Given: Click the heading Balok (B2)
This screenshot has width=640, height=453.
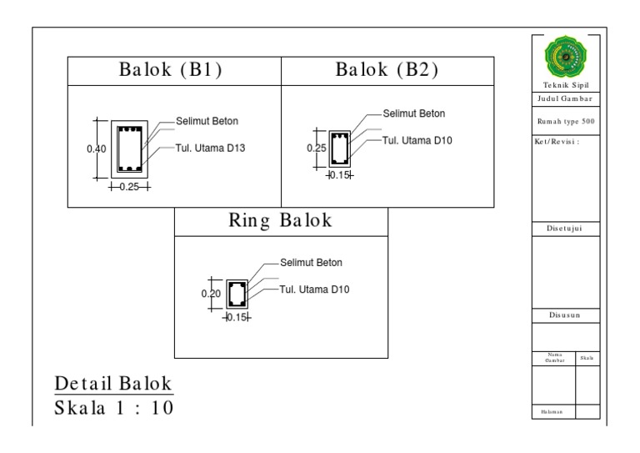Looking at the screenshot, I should [387, 71].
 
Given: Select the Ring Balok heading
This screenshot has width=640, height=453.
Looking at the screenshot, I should [281, 221].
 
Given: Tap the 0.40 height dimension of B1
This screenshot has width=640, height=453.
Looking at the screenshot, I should [97, 148].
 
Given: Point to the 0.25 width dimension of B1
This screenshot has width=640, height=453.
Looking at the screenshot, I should [128, 187].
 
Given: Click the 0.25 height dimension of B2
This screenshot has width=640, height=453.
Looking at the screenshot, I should [317, 148].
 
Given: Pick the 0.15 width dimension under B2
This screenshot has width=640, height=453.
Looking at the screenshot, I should [339, 175].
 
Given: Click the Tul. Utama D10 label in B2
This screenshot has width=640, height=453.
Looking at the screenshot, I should [417, 140].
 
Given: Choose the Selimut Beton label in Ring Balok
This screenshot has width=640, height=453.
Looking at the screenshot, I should [311, 263].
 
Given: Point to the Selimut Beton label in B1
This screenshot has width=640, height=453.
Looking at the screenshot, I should [207, 121].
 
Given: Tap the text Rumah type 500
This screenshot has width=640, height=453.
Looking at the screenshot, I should [566, 122].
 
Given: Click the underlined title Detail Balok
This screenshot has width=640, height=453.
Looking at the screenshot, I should [113, 385].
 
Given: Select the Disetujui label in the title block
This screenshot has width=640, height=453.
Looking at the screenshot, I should [566, 228].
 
